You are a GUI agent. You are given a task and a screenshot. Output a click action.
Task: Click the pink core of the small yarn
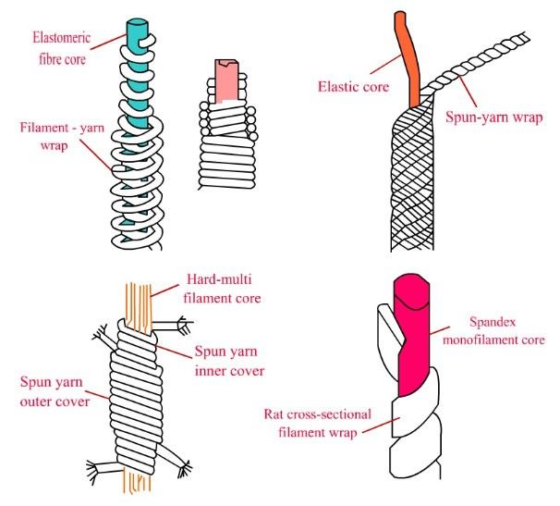pos(228,80)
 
